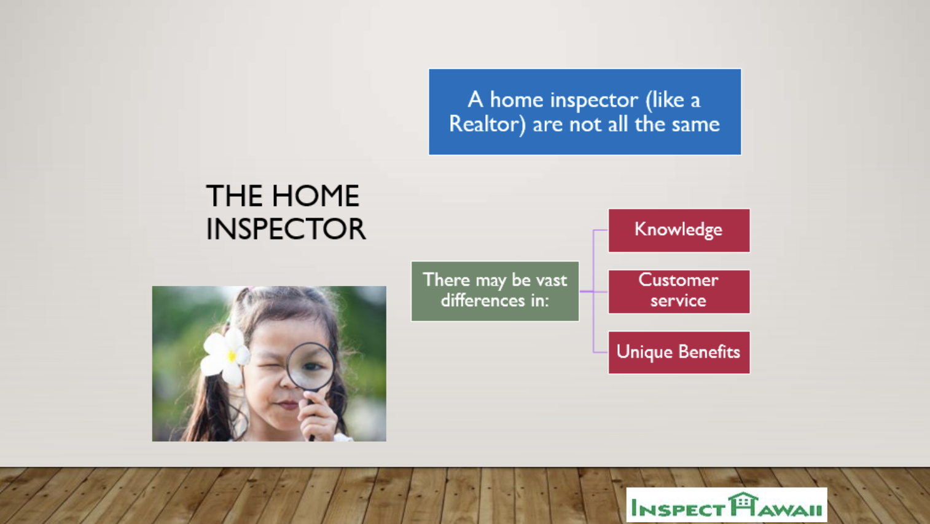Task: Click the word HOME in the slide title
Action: [x=316, y=196]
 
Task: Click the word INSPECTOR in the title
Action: [x=286, y=229]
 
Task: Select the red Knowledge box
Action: [x=679, y=230]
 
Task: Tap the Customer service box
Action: [x=679, y=291]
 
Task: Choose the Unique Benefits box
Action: [x=679, y=352]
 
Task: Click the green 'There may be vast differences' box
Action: [x=495, y=291]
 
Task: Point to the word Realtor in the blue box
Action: [x=487, y=124]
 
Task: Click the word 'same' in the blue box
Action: [x=695, y=124]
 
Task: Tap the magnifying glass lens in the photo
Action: [x=311, y=366]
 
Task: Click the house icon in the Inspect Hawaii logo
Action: [x=743, y=504]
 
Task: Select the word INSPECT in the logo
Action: [x=678, y=509]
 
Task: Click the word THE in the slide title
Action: [x=235, y=196]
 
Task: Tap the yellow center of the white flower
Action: [x=232, y=355]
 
